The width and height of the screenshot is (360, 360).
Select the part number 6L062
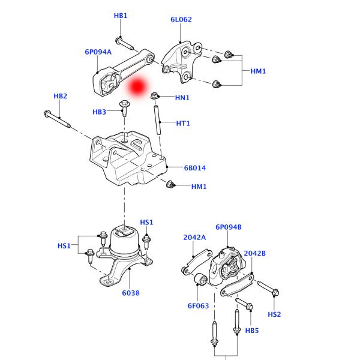pyautogui.click(x=181, y=19)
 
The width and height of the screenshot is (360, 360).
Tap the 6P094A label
pyautogui.click(x=98, y=52)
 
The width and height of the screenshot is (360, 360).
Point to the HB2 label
pyautogui.click(x=60, y=96)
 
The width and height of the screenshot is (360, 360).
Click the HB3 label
pyautogui.click(x=100, y=112)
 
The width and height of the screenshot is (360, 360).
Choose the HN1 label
pyautogui.click(x=182, y=97)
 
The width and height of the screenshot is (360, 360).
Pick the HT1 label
pyautogui.click(x=183, y=124)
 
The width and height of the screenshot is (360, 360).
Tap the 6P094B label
pyautogui.click(x=229, y=227)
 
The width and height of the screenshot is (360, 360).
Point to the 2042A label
pyautogui.click(x=194, y=238)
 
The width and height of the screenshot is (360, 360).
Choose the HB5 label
pyautogui.click(x=252, y=331)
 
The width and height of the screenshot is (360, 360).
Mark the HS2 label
pyautogui.click(x=274, y=314)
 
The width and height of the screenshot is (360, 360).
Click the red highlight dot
pyautogui.click(x=137, y=86)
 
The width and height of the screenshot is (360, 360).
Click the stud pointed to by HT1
pyautogui.click(x=158, y=120)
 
